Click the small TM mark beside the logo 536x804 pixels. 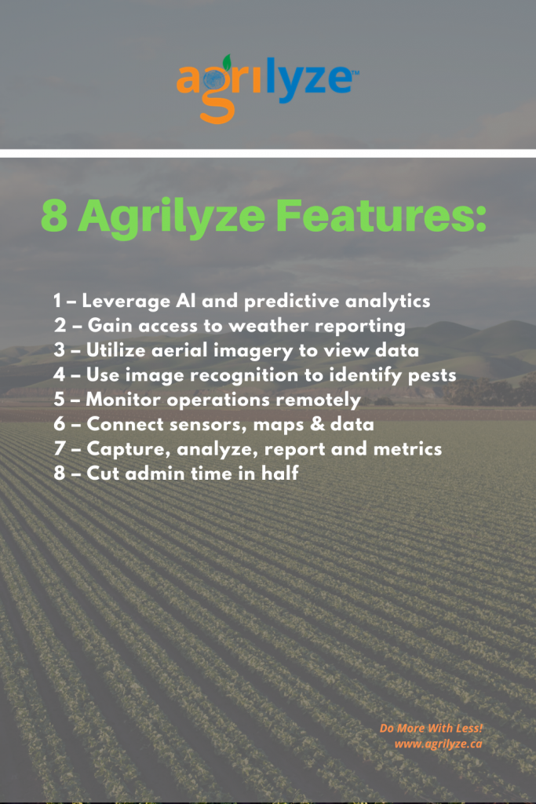tap(356, 73)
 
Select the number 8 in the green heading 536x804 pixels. tap(54, 216)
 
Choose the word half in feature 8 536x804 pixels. tap(280, 473)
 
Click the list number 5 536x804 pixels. tap(60, 400)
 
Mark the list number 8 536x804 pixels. tap(60, 473)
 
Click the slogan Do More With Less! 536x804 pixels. tap(431, 728)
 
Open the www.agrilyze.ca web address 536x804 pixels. tap(438, 744)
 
